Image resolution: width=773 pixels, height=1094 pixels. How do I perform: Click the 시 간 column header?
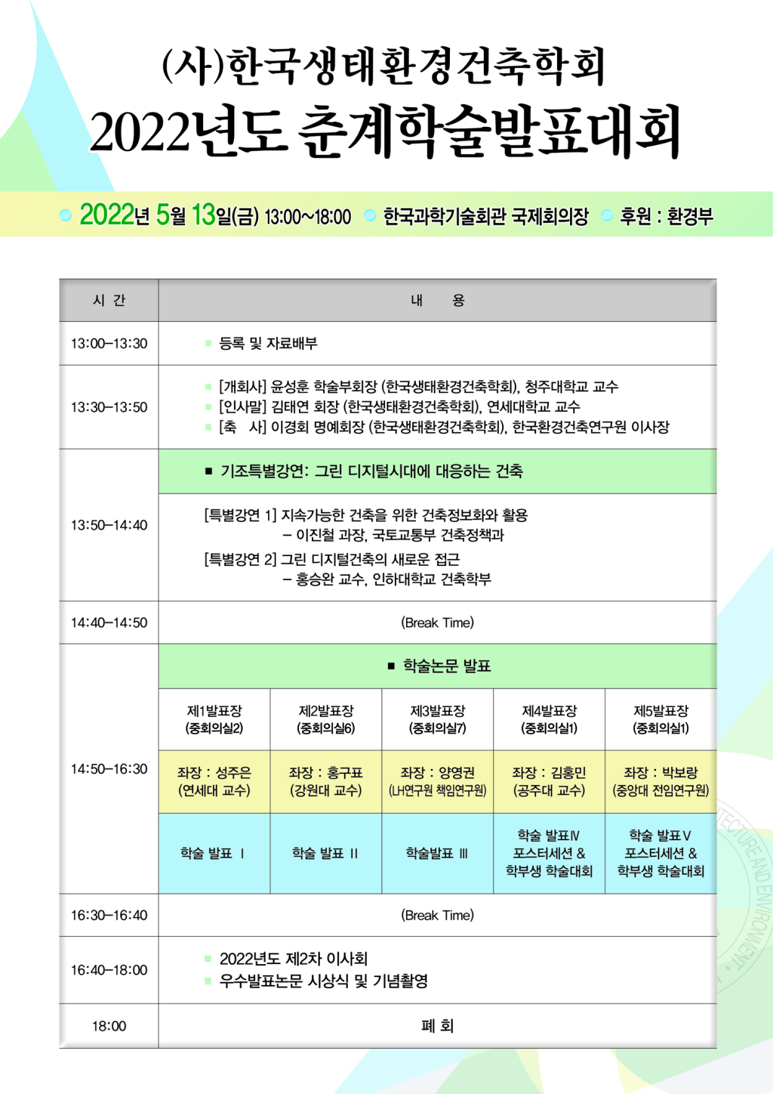coord(109,301)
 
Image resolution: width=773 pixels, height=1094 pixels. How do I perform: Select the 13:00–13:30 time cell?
coord(109,343)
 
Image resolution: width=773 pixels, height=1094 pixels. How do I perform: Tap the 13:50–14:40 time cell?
coord(109,525)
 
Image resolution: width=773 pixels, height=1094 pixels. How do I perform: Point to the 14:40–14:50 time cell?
coord(109,623)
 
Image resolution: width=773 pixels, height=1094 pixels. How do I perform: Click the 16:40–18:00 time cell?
coord(109,970)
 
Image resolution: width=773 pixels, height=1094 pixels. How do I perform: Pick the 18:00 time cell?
coord(109,1026)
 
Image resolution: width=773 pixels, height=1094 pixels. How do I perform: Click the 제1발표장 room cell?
coord(214,719)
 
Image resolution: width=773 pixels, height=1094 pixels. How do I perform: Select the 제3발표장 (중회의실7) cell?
coord(438,719)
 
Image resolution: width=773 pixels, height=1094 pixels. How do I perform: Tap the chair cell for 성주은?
coord(214,781)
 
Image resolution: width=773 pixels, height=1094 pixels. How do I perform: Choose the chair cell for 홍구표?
coord(326,781)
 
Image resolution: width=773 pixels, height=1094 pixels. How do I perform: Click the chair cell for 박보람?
coord(661,781)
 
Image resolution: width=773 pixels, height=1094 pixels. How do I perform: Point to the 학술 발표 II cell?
coord(326,853)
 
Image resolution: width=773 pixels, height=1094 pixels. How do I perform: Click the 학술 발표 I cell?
coord(214,853)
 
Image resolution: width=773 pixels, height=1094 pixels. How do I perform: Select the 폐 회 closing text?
coord(438,1026)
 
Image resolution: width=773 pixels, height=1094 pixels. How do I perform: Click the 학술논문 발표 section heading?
coord(447,666)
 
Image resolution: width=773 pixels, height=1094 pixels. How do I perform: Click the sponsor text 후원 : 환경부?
coord(666,215)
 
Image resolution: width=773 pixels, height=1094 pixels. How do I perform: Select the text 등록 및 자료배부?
coord(269,343)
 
